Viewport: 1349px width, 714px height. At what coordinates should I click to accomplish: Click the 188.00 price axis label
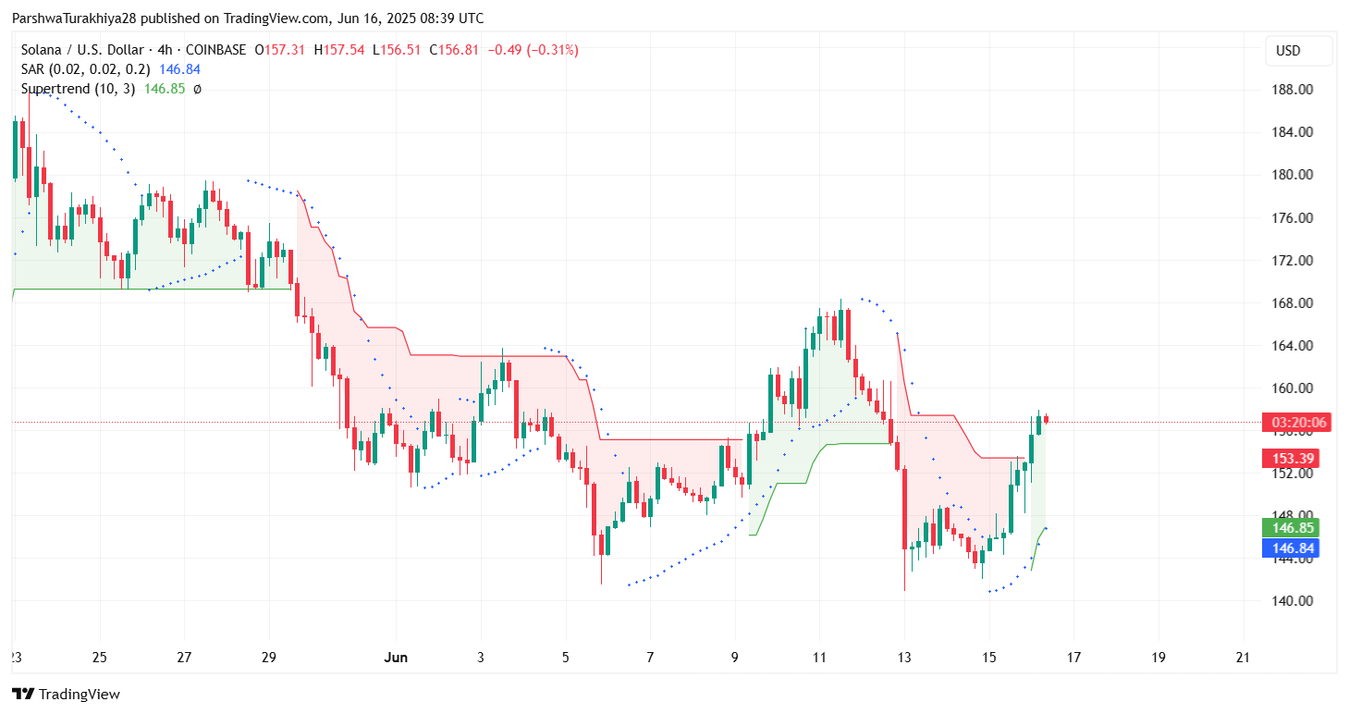[1294, 90]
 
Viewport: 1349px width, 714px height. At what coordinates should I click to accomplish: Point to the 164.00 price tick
[1294, 346]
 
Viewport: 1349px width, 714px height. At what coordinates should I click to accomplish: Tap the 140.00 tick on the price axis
[1294, 601]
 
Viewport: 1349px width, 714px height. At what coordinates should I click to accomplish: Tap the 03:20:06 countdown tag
[1293, 423]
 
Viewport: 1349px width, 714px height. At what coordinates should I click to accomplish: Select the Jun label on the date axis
[396, 658]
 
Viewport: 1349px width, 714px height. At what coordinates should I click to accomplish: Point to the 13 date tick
[903, 658]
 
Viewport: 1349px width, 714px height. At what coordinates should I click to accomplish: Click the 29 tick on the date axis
[269, 658]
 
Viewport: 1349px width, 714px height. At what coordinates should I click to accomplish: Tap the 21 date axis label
[1243, 658]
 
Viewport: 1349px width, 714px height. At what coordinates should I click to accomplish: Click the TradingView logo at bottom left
[66, 694]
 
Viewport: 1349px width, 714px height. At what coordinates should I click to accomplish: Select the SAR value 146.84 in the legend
[179, 69]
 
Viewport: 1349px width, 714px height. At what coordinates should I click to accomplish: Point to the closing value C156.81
[453, 50]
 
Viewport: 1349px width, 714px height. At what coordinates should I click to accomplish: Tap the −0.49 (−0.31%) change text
[533, 50]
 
